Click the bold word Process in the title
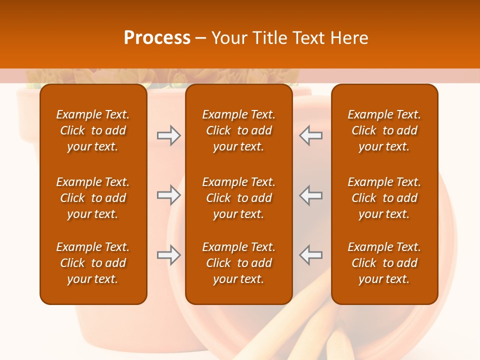tap(157, 38)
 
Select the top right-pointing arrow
tap(168, 135)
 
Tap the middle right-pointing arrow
tap(168, 195)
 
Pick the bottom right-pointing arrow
tap(168, 255)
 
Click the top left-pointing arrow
tap(311, 135)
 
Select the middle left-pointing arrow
tap(311, 195)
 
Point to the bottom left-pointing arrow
tap(311, 255)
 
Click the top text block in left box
tap(93, 130)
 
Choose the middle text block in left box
tap(93, 198)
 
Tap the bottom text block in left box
tap(93, 263)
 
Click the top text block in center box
tap(239, 130)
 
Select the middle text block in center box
tap(239, 198)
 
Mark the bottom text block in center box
tap(239, 263)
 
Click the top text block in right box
tap(384, 130)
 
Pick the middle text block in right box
tap(384, 198)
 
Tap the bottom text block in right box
tap(384, 263)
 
